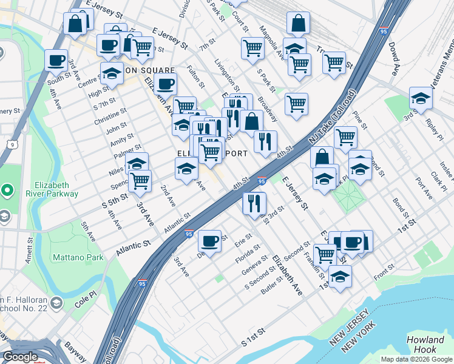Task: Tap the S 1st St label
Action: click(x=254, y=338)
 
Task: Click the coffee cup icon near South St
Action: click(x=56, y=61)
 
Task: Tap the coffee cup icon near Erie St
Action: click(x=210, y=241)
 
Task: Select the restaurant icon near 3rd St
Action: click(x=254, y=203)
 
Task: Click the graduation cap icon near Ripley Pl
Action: click(x=421, y=98)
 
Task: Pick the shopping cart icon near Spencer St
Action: click(x=140, y=180)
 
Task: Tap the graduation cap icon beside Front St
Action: click(x=340, y=277)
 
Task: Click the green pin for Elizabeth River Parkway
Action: click(x=7, y=190)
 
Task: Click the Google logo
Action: click(x=20, y=357)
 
